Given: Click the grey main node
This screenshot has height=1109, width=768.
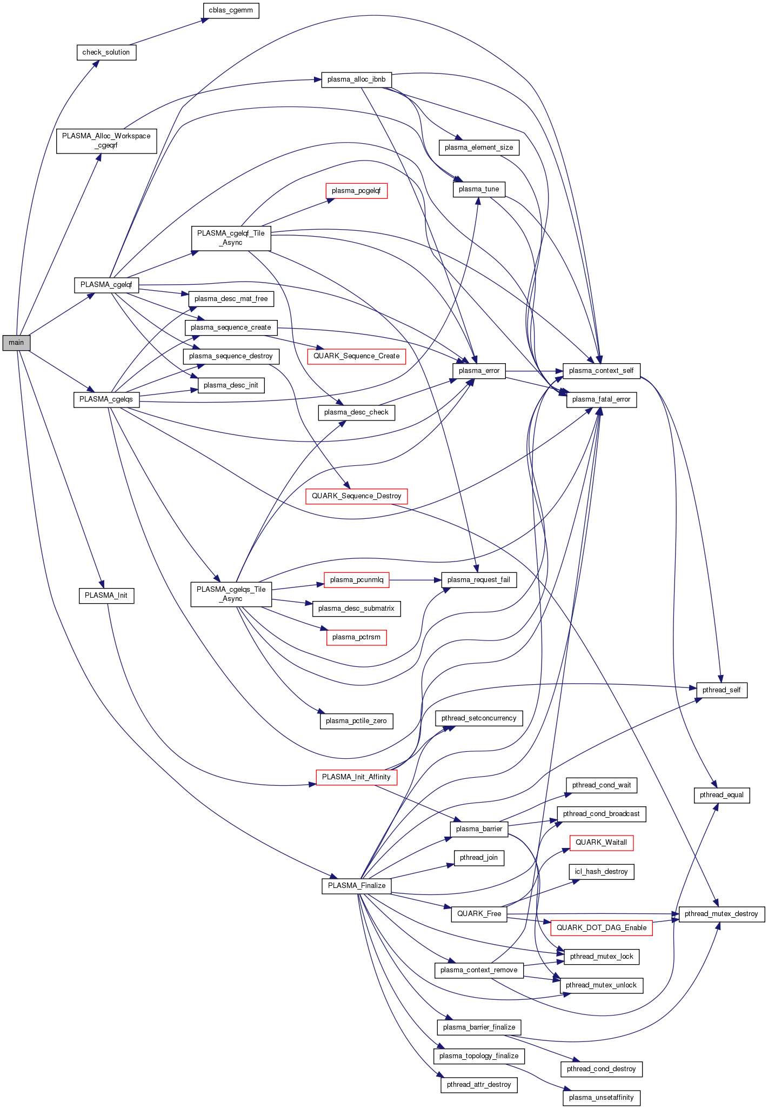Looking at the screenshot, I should coord(16,343).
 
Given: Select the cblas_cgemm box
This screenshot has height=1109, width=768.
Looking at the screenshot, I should coord(231,10).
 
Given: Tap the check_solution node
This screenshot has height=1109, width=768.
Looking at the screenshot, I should coord(106,52).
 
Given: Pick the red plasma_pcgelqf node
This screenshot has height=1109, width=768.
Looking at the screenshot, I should coord(356,191).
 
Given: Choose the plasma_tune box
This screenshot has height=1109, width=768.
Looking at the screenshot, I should coord(479,189).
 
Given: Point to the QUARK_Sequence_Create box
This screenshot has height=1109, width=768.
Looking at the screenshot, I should coord(356,356).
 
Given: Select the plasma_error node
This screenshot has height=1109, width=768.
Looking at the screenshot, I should coord(479,371).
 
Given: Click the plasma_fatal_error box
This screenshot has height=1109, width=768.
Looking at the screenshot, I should coord(601,399).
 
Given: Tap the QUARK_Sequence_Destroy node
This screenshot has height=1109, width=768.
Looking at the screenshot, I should coord(356,496).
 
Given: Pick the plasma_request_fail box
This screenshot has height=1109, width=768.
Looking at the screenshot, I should coord(479,580).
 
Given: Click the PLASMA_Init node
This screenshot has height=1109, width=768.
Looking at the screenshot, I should coord(106,596).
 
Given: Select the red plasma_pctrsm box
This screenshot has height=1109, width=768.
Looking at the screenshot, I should coord(356,637).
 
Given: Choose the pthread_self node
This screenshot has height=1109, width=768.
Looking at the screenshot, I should coord(722,690).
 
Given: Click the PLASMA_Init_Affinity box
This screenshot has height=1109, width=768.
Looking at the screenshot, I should coord(356,777).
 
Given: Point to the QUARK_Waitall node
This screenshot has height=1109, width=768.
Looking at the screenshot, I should coord(601,843).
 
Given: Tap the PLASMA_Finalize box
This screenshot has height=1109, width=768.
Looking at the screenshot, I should coord(356,886).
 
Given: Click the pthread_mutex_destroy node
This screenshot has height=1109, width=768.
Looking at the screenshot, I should coord(722,914).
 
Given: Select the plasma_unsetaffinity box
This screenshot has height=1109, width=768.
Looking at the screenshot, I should coord(601,1098).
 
